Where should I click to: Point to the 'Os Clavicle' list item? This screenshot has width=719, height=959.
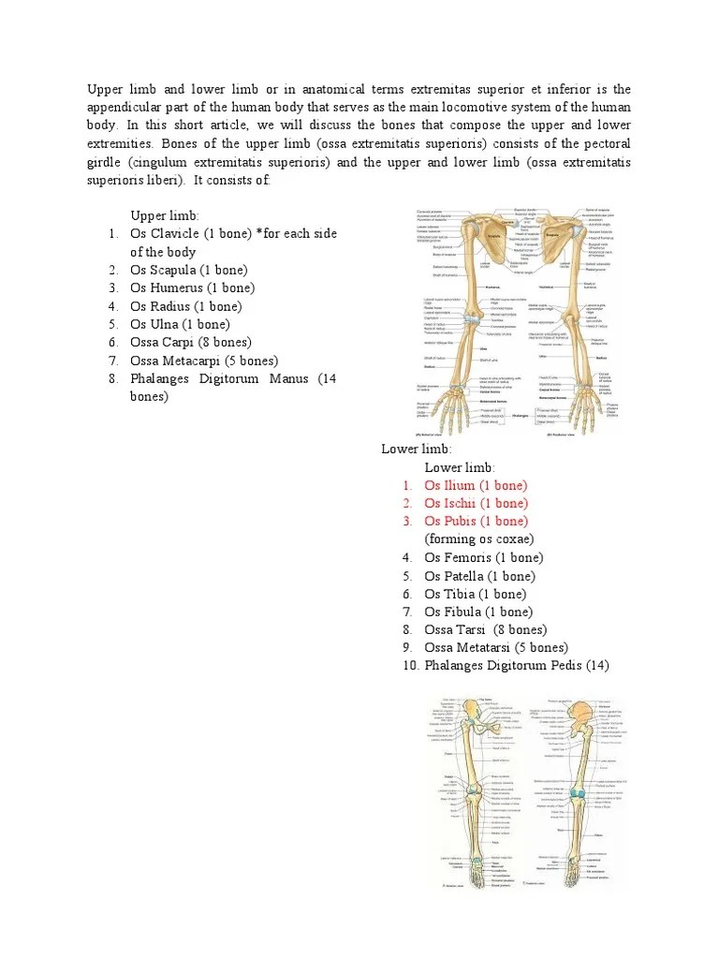click(165, 233)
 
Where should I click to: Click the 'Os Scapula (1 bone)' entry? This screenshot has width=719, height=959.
click(188, 270)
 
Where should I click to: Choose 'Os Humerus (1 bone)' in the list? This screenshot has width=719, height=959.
click(192, 288)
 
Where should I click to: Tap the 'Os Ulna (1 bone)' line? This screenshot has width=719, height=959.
click(179, 324)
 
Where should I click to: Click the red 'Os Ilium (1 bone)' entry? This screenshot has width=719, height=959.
click(476, 485)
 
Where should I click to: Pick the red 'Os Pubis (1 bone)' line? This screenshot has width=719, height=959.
click(476, 521)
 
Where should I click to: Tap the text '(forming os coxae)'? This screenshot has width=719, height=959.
click(478, 539)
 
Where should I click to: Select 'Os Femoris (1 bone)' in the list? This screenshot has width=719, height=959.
click(483, 557)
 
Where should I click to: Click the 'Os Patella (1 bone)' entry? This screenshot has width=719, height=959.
click(479, 576)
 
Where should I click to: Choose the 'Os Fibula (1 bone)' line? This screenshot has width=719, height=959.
click(478, 612)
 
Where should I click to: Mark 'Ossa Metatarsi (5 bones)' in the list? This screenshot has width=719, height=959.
click(495, 647)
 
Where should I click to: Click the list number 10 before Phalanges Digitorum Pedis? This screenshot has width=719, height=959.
click(406, 666)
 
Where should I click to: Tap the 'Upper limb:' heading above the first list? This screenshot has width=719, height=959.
click(165, 215)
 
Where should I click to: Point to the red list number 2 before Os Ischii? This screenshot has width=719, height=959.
click(408, 503)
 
